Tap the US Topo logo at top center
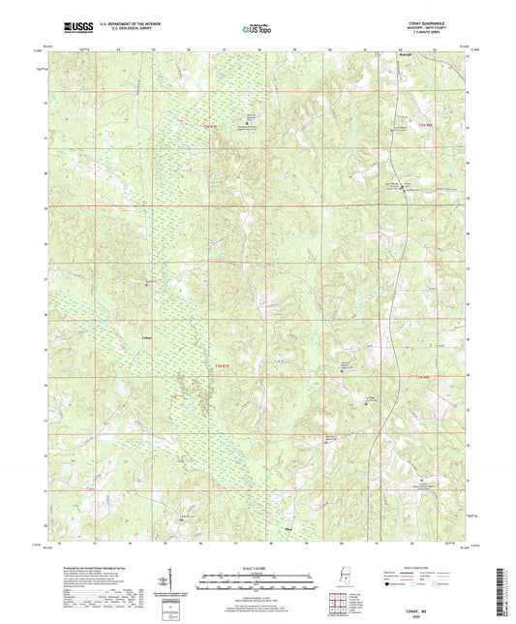[x=256, y=29]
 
